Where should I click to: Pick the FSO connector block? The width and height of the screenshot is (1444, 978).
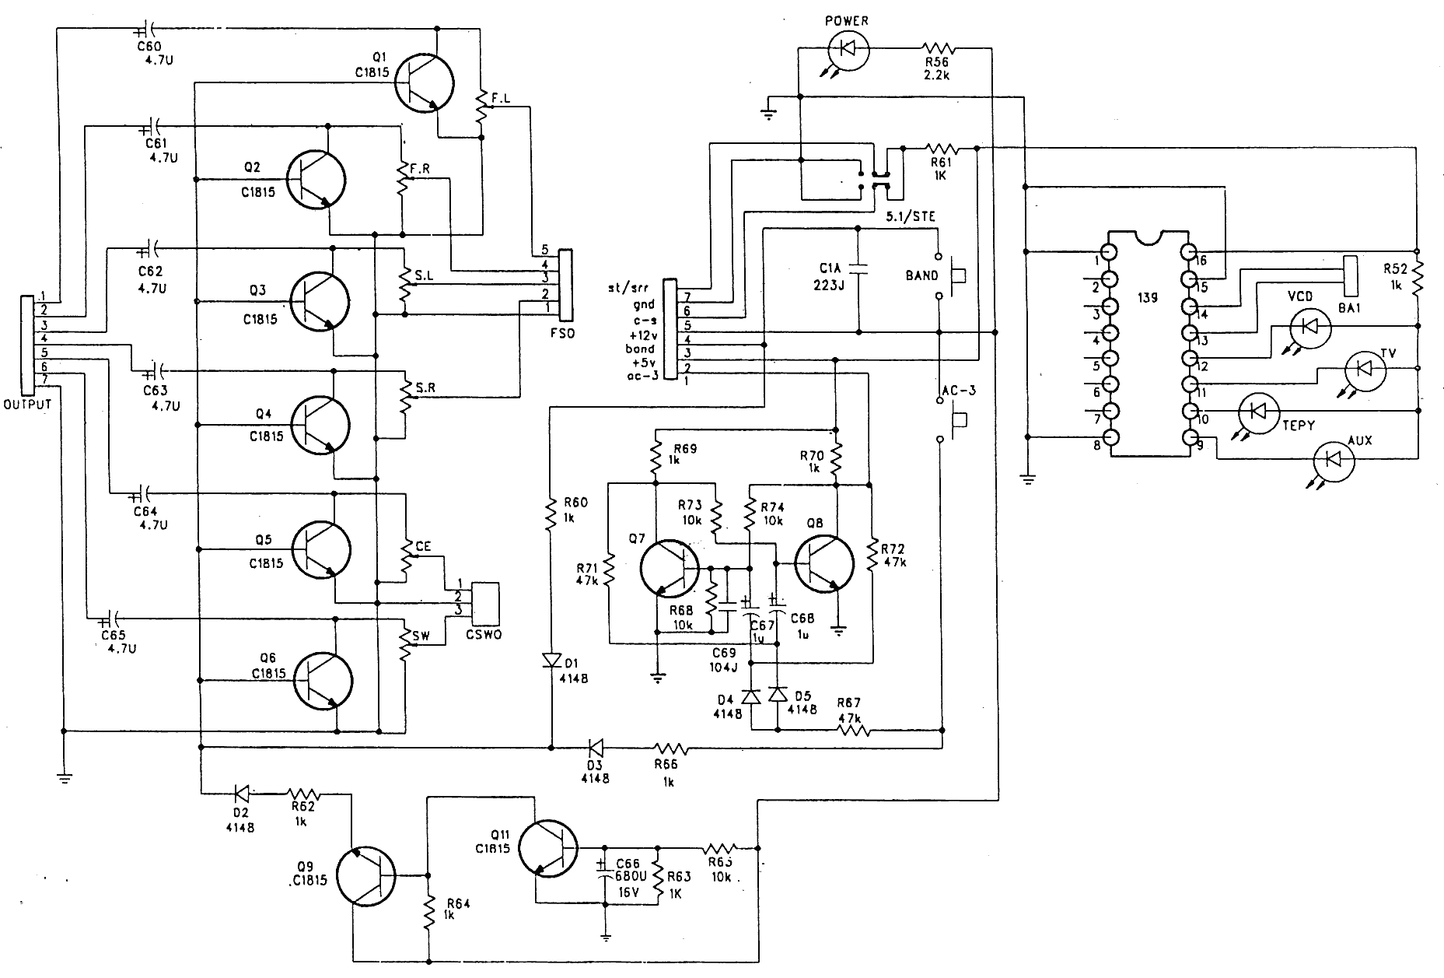[565, 285]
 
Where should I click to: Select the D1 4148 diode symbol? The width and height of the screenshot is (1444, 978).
[551, 661]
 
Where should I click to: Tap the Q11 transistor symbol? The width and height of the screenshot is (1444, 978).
[547, 847]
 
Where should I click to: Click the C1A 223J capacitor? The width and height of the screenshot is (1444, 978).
[857, 268]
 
